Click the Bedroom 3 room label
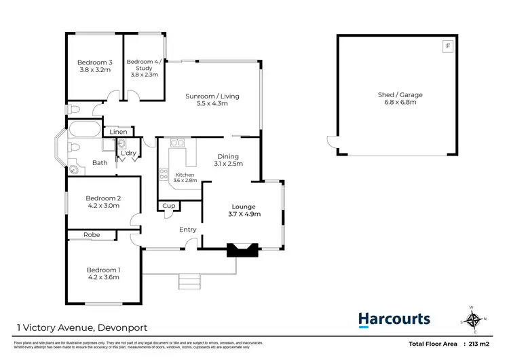(94, 62)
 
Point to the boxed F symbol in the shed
(447, 46)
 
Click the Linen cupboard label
(118, 132)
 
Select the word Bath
(100, 162)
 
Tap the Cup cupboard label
(169, 206)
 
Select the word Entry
(188, 230)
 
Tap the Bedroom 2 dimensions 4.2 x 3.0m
(103, 205)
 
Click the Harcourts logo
(394, 319)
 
